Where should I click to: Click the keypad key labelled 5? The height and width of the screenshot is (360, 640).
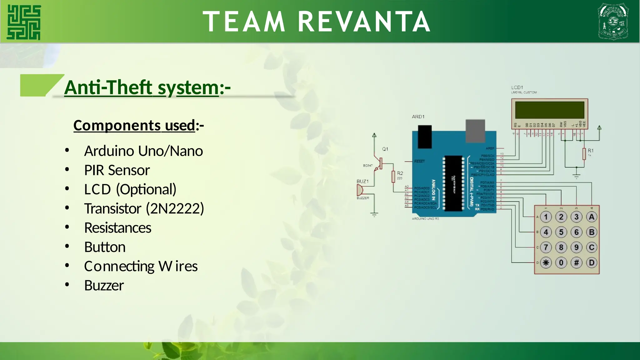(561, 232)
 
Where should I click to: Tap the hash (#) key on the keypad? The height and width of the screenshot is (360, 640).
(576, 262)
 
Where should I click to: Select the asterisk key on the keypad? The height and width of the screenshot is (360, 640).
(546, 262)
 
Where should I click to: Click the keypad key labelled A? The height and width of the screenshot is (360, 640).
(591, 217)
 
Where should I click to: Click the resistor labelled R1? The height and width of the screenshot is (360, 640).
(584, 154)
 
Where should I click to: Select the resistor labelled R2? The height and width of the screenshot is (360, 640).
(393, 177)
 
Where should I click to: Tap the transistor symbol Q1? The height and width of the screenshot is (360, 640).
(379, 163)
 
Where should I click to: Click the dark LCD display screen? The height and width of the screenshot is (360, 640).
(549, 110)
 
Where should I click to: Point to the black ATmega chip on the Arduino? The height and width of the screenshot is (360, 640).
(453, 183)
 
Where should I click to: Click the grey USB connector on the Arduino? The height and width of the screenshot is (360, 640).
(475, 131)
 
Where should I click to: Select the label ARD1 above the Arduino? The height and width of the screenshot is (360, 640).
(418, 117)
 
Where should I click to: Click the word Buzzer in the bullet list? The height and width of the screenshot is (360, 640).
(104, 285)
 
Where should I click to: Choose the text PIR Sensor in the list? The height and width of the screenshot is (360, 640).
(117, 170)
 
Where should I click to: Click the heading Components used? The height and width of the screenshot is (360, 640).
(134, 125)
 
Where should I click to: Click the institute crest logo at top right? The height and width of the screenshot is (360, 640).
(613, 21)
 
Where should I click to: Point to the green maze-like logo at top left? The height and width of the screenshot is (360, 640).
(24, 22)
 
